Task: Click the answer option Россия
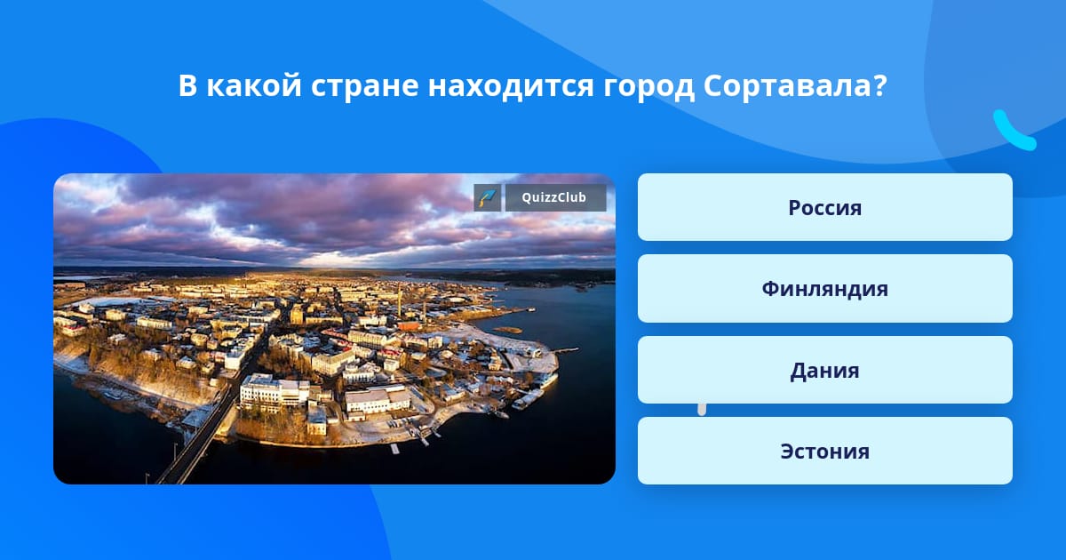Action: point(824,207)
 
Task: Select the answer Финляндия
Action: point(824,289)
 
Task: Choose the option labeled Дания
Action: point(824,370)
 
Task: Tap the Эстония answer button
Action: point(824,451)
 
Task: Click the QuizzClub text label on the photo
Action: point(554,197)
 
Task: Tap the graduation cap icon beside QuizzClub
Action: point(488,197)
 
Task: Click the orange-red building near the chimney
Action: point(409,325)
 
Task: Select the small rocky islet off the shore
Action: point(508,330)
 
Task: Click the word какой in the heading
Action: point(254,86)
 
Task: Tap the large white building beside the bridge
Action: point(274,393)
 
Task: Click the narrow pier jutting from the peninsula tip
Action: point(568,350)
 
